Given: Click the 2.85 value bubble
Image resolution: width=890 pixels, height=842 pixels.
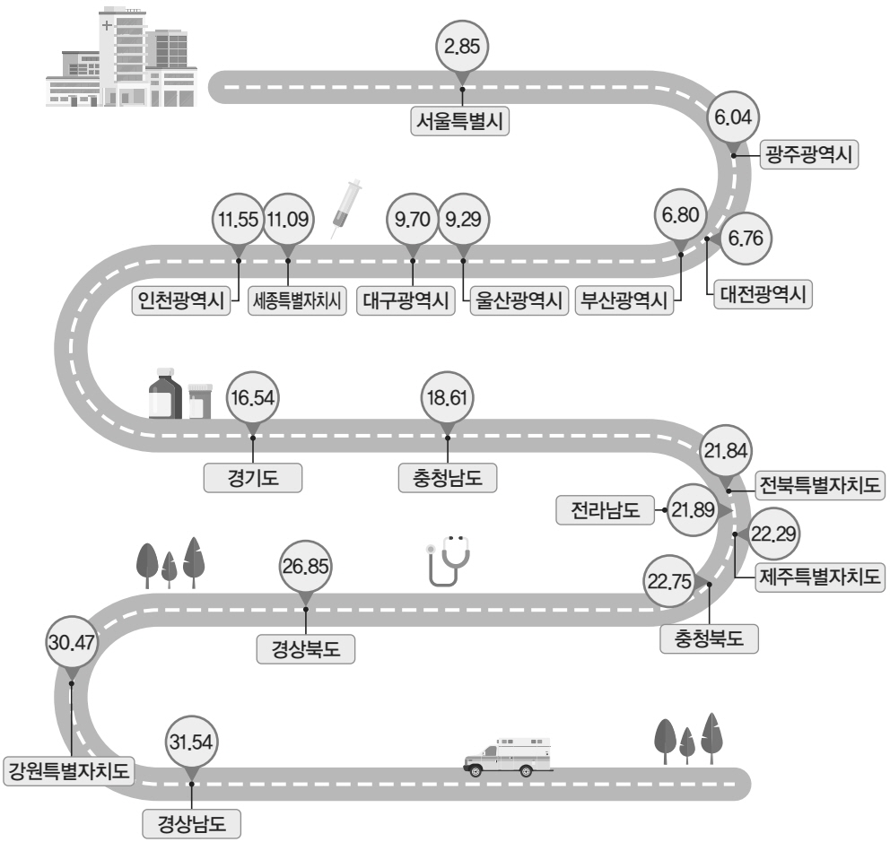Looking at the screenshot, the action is click(462, 47).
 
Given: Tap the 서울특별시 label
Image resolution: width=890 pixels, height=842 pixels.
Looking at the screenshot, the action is click(459, 121).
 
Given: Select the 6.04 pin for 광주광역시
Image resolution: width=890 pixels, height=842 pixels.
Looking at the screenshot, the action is click(733, 117).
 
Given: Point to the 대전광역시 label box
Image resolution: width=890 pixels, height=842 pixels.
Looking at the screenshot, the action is click(763, 294).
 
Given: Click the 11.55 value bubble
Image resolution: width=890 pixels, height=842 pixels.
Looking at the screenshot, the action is click(239, 220).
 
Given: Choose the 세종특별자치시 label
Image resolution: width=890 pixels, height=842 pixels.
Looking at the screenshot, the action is click(298, 300).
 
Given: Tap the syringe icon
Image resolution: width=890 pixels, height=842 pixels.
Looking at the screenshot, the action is click(346, 209).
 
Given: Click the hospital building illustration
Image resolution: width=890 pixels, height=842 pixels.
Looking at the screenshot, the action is click(121, 56).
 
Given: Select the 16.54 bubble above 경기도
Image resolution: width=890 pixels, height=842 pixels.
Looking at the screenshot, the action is click(253, 397).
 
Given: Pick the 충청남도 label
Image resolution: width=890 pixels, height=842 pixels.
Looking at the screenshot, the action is click(448, 478).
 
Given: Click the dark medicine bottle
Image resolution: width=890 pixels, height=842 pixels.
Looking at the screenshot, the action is click(165, 393).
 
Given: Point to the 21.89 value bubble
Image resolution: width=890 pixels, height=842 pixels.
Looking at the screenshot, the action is click(693, 509).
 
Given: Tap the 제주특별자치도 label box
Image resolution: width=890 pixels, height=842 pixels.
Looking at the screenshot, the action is click(820, 577).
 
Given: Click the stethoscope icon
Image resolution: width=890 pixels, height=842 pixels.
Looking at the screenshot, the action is click(448, 560).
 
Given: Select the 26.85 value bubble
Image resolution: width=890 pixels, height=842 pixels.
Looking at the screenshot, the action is click(305, 566).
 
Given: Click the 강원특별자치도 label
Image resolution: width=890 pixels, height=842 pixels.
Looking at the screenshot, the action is click(69, 771).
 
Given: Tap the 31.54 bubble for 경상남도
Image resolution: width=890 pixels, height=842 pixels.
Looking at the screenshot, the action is click(191, 742).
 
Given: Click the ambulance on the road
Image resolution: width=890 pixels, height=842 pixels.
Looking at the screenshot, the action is click(508, 758).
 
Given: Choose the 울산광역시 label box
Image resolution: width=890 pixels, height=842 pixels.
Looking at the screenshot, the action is click(519, 300).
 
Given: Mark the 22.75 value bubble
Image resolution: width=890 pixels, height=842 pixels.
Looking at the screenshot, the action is click(670, 581).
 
